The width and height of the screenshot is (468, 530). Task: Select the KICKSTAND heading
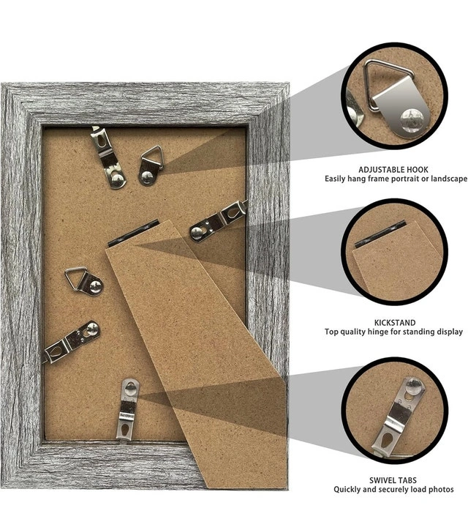point(395,323)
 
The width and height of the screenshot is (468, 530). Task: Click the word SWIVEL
point(382,480)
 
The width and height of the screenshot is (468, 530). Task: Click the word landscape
point(450,179)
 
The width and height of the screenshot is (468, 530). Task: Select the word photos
point(440,490)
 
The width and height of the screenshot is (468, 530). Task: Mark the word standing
point(418,332)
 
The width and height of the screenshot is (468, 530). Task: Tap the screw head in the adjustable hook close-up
point(411,119)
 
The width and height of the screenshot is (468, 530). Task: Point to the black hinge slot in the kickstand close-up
point(380,234)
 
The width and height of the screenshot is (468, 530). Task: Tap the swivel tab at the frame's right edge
point(219,221)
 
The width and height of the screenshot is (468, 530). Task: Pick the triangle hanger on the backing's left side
point(84,281)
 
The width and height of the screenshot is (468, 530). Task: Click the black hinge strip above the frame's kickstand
point(133,234)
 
